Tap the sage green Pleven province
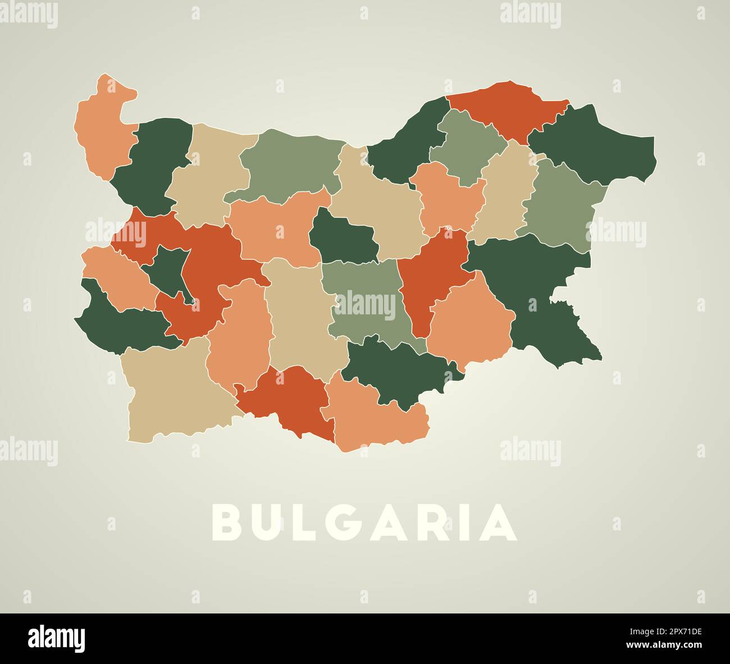[292, 163]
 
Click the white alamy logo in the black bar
[56, 638]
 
